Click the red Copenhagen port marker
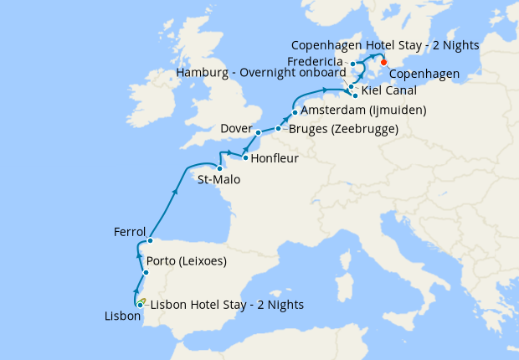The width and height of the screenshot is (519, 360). pyautogui.click(x=383, y=61)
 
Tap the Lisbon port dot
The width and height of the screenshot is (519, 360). pyautogui.click(x=140, y=305)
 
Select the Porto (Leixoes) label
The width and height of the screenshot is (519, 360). pyautogui.click(x=190, y=260)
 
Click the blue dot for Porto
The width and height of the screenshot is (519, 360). pyautogui.click(x=146, y=273)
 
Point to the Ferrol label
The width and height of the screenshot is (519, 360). pyautogui.click(x=130, y=232)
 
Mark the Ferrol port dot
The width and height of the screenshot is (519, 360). pyautogui.click(x=150, y=240)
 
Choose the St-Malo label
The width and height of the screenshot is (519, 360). pyautogui.click(x=214, y=179)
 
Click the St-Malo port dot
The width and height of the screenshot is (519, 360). pyautogui.click(x=219, y=168)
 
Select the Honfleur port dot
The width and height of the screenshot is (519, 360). pyautogui.click(x=244, y=157)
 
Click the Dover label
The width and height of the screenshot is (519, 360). pyautogui.click(x=236, y=128)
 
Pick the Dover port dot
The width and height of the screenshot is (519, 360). pyautogui.click(x=259, y=132)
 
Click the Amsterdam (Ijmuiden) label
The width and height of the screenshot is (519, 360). pyautogui.click(x=363, y=111)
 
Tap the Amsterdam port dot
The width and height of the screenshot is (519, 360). pyautogui.click(x=295, y=111)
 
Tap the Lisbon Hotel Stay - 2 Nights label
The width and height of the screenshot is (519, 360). pyautogui.click(x=227, y=304)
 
